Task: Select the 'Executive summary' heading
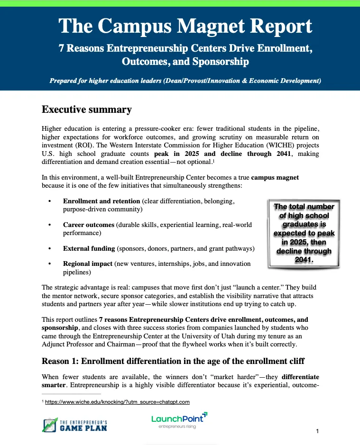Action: click(x=86, y=110)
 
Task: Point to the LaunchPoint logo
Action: click(x=179, y=420)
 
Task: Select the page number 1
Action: click(x=316, y=431)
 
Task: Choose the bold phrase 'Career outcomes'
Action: click(x=89, y=225)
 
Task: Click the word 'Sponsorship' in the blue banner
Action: click(x=219, y=62)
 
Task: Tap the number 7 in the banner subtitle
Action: click(x=61, y=48)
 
